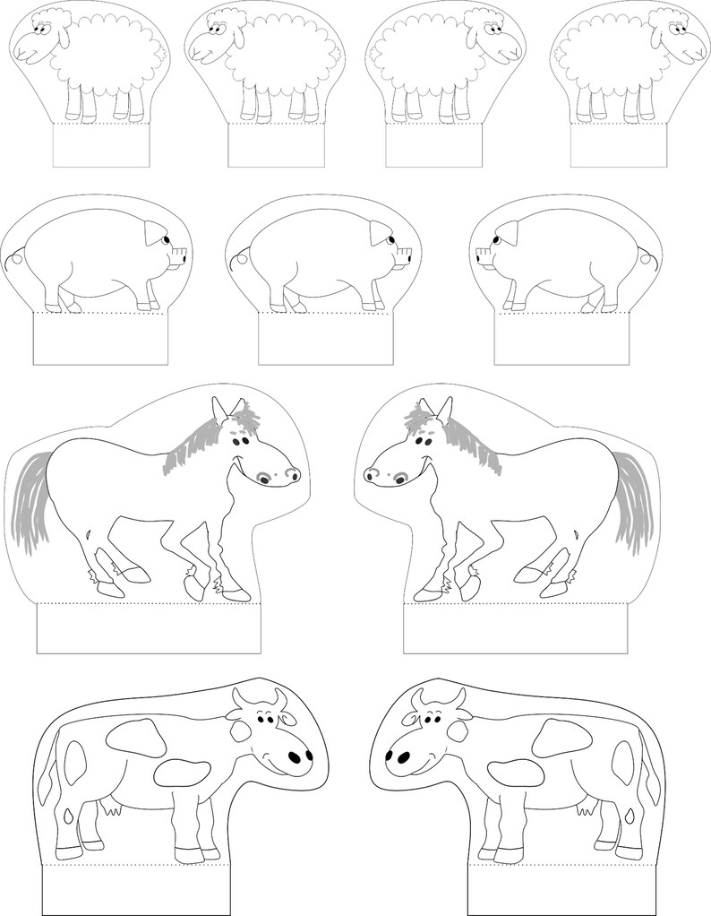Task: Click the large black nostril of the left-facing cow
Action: [403, 757]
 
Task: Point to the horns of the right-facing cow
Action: [259, 696]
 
